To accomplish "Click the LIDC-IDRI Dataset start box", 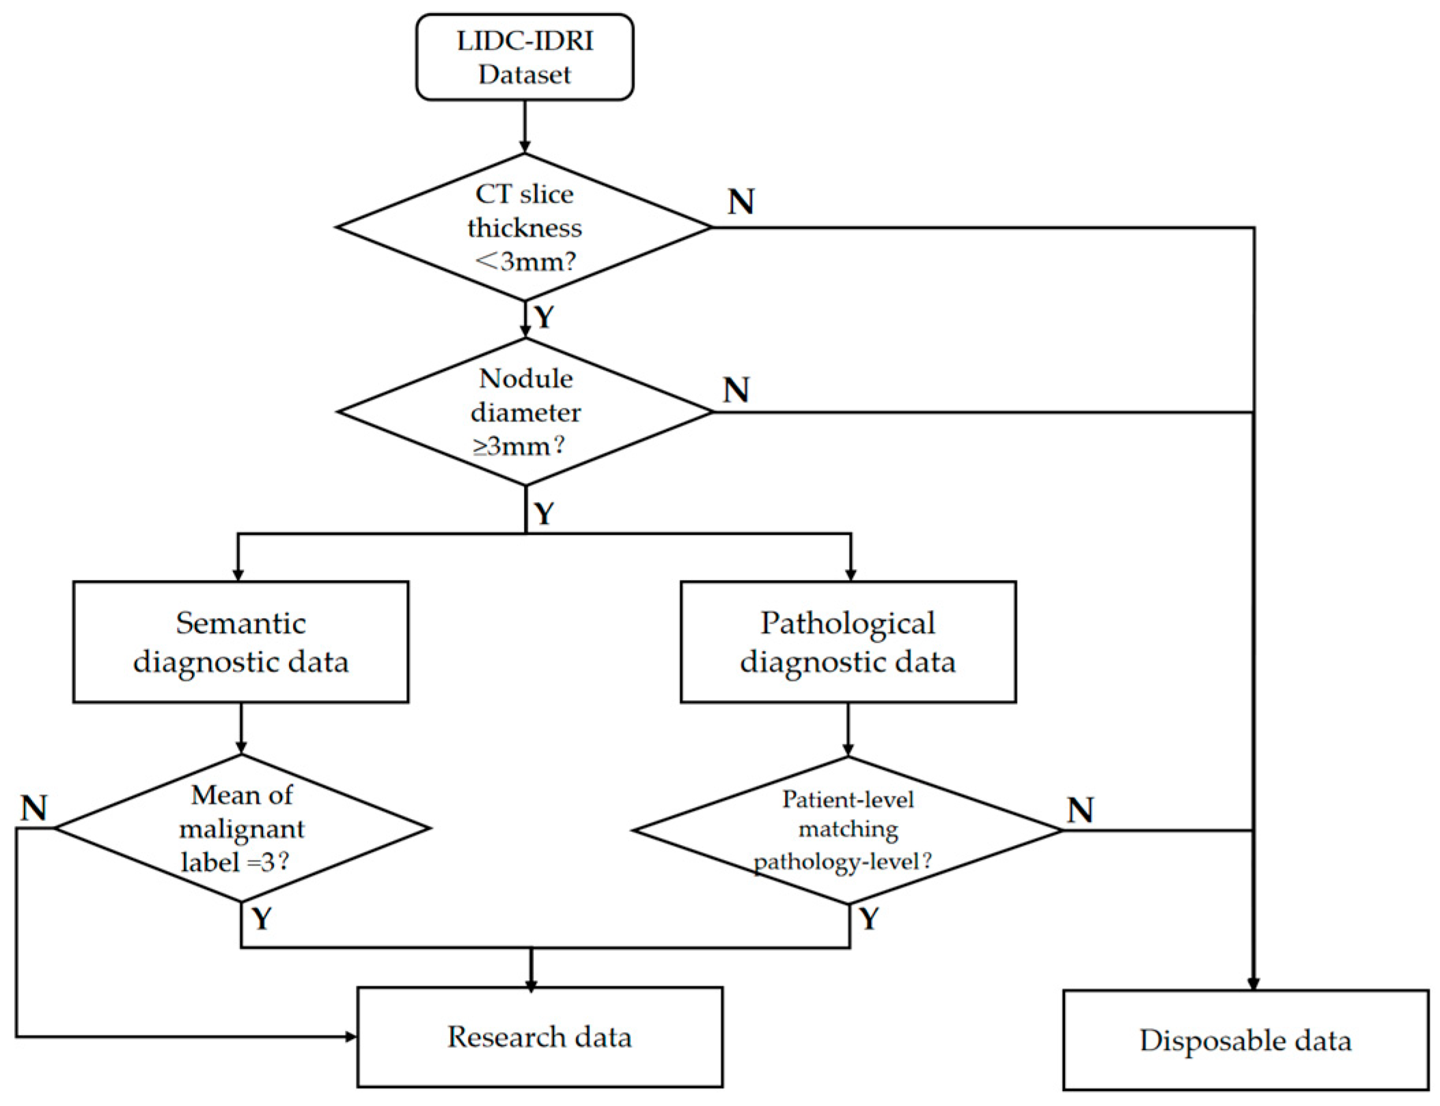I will coord(524,57).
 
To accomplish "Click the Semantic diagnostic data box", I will coord(240,641).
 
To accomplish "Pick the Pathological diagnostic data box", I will coord(848,641).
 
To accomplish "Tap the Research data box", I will coord(540,1036).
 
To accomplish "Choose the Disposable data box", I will coord(1245,1040).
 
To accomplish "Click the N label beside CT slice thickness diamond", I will coord(741,202).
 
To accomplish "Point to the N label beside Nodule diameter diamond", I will coord(736,390).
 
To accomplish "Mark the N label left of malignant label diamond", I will coord(34,808).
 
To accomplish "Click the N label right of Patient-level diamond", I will coord(1080,810).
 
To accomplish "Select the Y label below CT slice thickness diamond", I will coord(544,317).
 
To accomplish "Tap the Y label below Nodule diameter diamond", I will coord(544,513).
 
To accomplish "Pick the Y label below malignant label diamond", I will coord(262,919).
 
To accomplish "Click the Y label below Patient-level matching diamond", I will coord(869,919).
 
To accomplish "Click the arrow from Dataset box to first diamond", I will coord(525,126).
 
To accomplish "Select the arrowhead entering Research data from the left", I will coord(350,1036).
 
